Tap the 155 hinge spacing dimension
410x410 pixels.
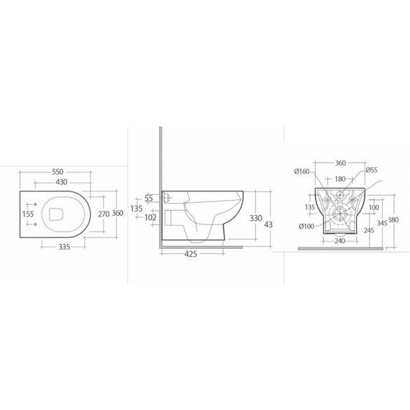point(28,214)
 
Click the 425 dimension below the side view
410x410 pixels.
point(191,254)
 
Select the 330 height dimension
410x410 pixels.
point(255,217)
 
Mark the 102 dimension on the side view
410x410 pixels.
point(151,218)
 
